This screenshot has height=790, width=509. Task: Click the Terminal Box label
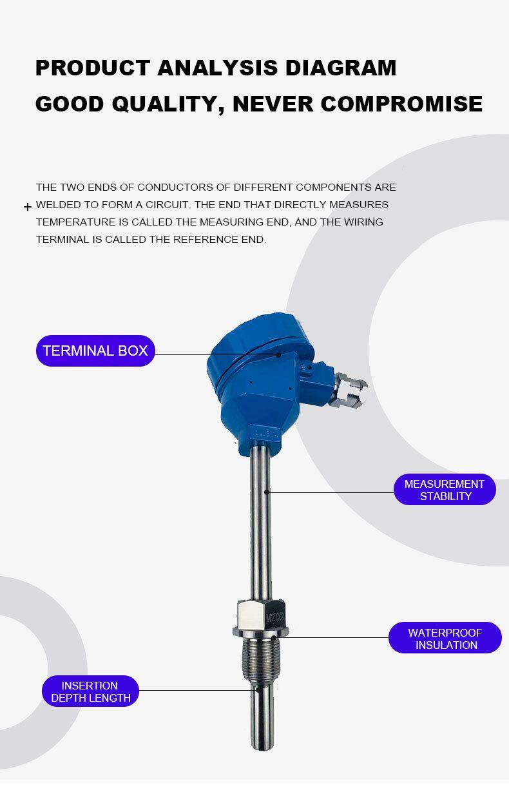pyautogui.click(x=95, y=351)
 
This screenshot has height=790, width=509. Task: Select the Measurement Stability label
pyautogui.click(x=445, y=490)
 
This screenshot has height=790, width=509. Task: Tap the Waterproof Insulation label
pyautogui.click(x=445, y=639)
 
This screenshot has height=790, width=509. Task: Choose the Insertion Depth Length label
pyautogui.click(x=90, y=691)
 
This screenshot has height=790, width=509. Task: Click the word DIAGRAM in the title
pyautogui.click(x=341, y=68)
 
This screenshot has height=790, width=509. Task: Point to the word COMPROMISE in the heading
pyautogui.click(x=401, y=104)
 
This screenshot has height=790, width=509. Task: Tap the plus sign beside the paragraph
pyautogui.click(x=28, y=207)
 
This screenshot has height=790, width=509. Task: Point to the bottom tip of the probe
pyautogui.click(x=262, y=749)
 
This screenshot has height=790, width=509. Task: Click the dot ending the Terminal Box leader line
pyautogui.click(x=278, y=355)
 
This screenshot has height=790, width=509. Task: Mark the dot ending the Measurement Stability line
pyautogui.click(x=267, y=492)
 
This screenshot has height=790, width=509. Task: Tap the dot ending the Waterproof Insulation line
pyautogui.click(x=274, y=637)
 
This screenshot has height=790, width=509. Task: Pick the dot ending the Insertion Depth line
pyautogui.click(x=258, y=691)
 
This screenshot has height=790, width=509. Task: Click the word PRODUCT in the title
pyautogui.click(x=93, y=68)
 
